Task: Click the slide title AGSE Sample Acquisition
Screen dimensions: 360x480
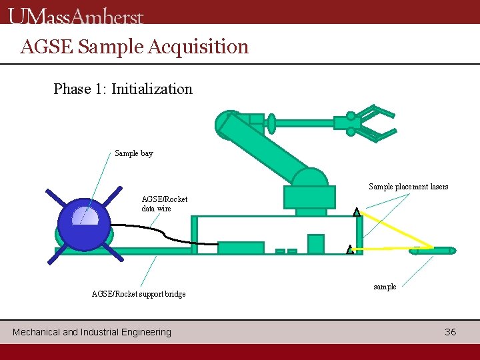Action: point(134,47)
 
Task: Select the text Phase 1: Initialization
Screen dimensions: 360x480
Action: point(123,89)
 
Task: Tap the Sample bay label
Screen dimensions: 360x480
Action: point(133,153)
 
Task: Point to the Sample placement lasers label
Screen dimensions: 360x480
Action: point(408,187)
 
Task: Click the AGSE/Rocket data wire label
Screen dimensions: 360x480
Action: point(164,203)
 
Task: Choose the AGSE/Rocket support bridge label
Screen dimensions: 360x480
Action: point(138,294)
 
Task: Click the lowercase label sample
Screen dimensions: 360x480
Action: point(385,287)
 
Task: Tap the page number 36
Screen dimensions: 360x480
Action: point(451,332)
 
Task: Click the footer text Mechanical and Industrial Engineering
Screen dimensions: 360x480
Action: point(92,332)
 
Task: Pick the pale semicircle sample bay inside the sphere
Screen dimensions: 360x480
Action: point(85,216)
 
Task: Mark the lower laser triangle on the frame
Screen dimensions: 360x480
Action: point(350,249)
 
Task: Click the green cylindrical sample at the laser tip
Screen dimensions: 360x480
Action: point(433,251)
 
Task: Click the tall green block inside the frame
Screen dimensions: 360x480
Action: point(315,244)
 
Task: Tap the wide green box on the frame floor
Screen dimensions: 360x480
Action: point(241,248)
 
